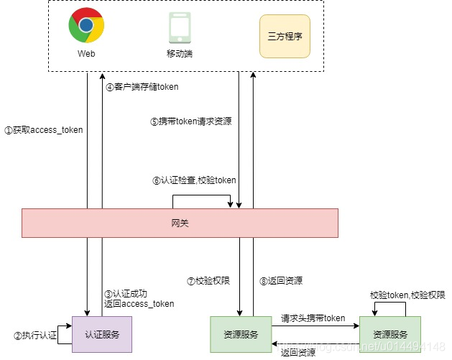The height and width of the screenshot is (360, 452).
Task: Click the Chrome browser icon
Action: click(x=86, y=26)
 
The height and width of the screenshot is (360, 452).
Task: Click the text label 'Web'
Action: click(x=86, y=54)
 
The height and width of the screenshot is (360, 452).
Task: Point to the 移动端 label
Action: click(x=179, y=54)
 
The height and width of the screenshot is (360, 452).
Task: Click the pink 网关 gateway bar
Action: click(x=180, y=223)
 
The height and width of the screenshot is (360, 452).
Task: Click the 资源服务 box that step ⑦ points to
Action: click(x=240, y=334)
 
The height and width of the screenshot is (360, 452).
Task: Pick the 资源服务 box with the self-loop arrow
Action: click(x=390, y=334)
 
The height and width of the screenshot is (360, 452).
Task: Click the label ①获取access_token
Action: click(x=44, y=130)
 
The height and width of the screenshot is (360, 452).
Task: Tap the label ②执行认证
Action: click(x=34, y=336)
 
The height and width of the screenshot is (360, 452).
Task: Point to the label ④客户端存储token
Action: click(x=142, y=87)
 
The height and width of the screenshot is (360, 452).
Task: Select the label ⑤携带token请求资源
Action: click(x=191, y=122)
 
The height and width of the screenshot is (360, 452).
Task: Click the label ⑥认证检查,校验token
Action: click(x=194, y=180)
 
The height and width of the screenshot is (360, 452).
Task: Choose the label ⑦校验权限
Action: click(x=208, y=281)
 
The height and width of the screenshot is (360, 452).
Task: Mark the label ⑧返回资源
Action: click(x=281, y=281)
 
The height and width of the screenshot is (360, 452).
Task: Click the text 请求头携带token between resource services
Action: click(x=313, y=318)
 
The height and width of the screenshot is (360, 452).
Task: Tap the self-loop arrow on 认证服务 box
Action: click(x=65, y=334)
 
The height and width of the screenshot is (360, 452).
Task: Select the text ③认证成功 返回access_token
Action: click(x=139, y=298)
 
